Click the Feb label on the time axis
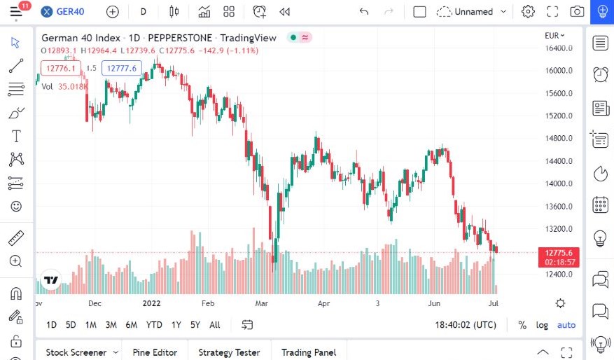pyautogui.click(x=207, y=304)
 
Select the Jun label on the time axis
pyautogui.click(x=435, y=304)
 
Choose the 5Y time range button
pyautogui.click(x=195, y=325)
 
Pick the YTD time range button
pyautogui.click(x=154, y=325)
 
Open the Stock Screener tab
pyautogui.click(x=76, y=352)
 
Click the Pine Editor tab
pyautogui.click(x=155, y=352)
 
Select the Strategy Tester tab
pyautogui.click(x=229, y=352)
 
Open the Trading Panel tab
pyautogui.click(x=309, y=352)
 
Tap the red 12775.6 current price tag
pyautogui.click(x=559, y=253)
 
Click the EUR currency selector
pyautogui.click(x=554, y=35)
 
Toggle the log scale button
pyautogui.click(x=543, y=325)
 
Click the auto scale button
pyautogui.click(x=566, y=325)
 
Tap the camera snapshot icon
pyautogui.click(x=577, y=12)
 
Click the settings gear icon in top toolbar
pyautogui.click(x=528, y=12)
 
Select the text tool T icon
pyautogui.click(x=16, y=136)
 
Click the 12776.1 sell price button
pyautogui.click(x=61, y=68)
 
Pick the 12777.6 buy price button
pyautogui.click(x=122, y=68)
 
